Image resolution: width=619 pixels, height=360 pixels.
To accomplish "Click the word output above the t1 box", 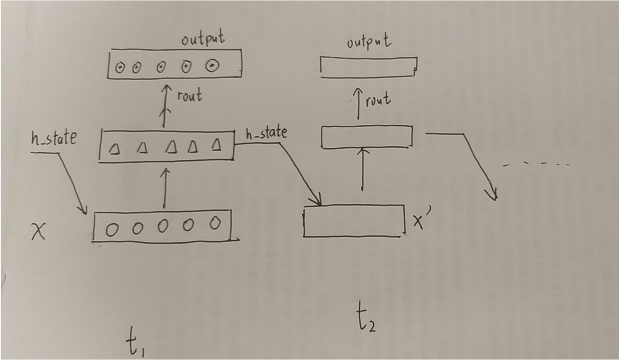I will click(203, 39).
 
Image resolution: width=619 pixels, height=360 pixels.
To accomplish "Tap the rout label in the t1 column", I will click(189, 96).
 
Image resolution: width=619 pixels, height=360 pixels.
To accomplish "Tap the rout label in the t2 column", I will click(377, 100).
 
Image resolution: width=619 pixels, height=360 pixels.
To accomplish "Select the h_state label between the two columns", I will click(266, 134).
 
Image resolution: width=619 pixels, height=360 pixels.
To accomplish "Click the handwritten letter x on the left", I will click(38, 231).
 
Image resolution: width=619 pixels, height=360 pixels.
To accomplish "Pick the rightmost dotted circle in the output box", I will click(212, 66).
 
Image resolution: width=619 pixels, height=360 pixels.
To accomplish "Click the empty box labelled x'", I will click(354, 221).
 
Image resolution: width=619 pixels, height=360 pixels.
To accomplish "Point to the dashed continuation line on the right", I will click(535, 165).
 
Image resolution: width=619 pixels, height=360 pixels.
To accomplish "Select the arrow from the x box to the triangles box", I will click(164, 188).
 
